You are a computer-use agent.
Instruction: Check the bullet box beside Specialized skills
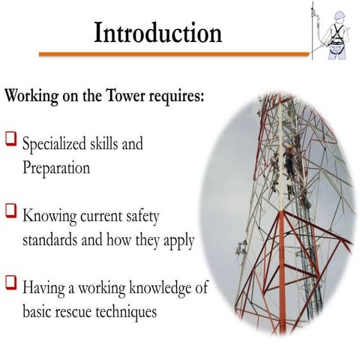[x=11, y=139]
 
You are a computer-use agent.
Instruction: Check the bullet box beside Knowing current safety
[x=11, y=212]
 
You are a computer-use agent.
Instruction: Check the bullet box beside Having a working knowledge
[x=11, y=283]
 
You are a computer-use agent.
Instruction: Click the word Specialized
[x=58, y=142]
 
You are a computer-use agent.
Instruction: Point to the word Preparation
[x=55, y=167]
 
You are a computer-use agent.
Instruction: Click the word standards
[x=53, y=241]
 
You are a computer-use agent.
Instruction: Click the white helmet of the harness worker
[x=338, y=13]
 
